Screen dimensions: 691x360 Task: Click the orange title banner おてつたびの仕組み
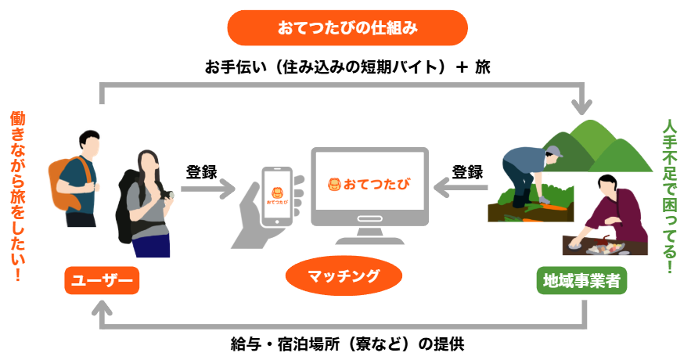coord(347,27)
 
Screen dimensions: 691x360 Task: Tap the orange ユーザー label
coord(102,280)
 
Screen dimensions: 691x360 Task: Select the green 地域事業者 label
coord(581,280)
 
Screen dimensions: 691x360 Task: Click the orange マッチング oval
coord(344,276)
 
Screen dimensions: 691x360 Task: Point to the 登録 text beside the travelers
coord(201,172)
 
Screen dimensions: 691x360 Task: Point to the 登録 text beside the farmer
coord(467,172)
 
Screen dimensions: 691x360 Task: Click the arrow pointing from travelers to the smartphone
coord(208,189)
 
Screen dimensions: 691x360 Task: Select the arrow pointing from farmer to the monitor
coord(460,188)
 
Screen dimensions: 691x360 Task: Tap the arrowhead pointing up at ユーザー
coord(102,308)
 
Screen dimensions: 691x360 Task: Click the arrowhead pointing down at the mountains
coord(581,107)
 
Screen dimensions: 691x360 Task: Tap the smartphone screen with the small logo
coord(277,196)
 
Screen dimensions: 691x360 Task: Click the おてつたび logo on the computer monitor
coord(369,184)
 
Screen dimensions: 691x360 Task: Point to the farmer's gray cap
coord(555,152)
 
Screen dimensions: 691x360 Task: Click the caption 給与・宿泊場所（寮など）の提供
coord(347,344)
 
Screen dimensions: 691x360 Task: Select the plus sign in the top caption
coord(462,67)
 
